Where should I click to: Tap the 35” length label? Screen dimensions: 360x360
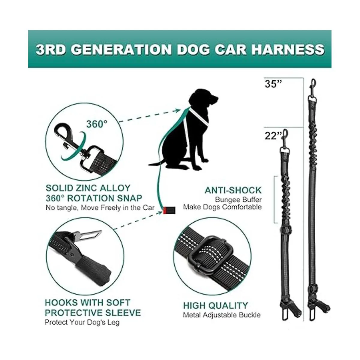click(x=273, y=84)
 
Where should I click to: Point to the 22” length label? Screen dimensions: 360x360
click(x=273, y=136)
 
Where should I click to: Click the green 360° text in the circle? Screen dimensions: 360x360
click(x=97, y=124)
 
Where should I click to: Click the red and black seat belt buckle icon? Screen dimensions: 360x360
click(x=169, y=210)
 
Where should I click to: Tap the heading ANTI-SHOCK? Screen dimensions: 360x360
click(x=233, y=190)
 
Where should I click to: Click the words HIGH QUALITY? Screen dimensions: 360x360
click(x=215, y=306)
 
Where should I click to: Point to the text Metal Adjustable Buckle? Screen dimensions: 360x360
click(x=222, y=315)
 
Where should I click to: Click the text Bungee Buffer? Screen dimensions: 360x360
click(x=238, y=200)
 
